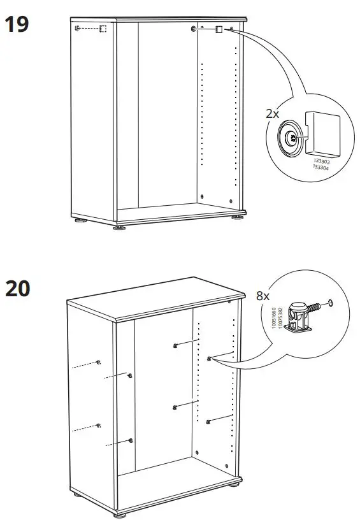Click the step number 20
click(17, 289)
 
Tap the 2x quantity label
click(272, 113)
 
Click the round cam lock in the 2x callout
click(290, 134)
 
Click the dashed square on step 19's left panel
click(101, 29)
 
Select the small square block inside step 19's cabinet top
click(218, 29)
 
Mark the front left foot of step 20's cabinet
click(119, 514)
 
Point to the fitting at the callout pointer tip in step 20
click(209, 359)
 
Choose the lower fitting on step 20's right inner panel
click(208, 421)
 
